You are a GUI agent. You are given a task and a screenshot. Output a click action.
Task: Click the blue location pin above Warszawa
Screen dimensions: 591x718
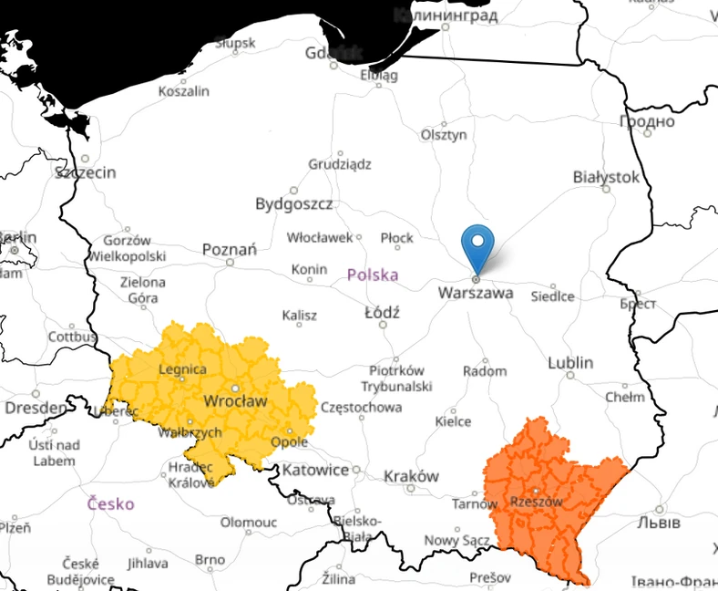(477, 244)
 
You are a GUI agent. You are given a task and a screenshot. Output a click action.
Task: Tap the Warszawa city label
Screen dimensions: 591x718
(476, 294)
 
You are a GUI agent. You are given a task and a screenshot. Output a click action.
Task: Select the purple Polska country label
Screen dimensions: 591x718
(373, 275)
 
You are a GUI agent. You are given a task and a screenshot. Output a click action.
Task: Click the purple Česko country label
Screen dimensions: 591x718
(111, 503)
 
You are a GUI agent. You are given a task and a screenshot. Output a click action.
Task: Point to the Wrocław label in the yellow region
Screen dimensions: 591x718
(235, 401)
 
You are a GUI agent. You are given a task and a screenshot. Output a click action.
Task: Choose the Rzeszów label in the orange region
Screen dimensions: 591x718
(536, 502)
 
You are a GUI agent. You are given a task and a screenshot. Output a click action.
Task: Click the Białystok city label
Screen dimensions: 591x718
(606, 177)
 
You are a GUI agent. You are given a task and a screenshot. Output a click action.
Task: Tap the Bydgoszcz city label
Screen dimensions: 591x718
(293, 203)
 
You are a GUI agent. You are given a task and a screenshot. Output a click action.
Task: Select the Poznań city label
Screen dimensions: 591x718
(230, 249)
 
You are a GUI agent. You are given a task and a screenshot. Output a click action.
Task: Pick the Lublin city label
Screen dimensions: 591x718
(570, 363)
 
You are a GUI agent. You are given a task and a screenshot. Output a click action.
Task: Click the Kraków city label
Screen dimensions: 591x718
(411, 476)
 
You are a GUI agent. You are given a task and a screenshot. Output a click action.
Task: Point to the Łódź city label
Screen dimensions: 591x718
(382, 312)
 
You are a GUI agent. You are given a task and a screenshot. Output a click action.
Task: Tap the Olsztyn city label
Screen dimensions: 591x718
(444, 135)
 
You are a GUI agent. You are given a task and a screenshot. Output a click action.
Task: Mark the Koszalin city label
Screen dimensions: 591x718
(183, 91)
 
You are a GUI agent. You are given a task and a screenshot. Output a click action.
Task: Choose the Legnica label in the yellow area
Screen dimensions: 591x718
(182, 369)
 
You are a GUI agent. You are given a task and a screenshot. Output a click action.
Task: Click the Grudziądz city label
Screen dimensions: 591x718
(340, 165)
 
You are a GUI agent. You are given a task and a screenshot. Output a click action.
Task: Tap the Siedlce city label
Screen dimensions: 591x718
(553, 296)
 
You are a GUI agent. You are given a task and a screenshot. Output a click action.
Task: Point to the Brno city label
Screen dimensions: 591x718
(210, 559)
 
